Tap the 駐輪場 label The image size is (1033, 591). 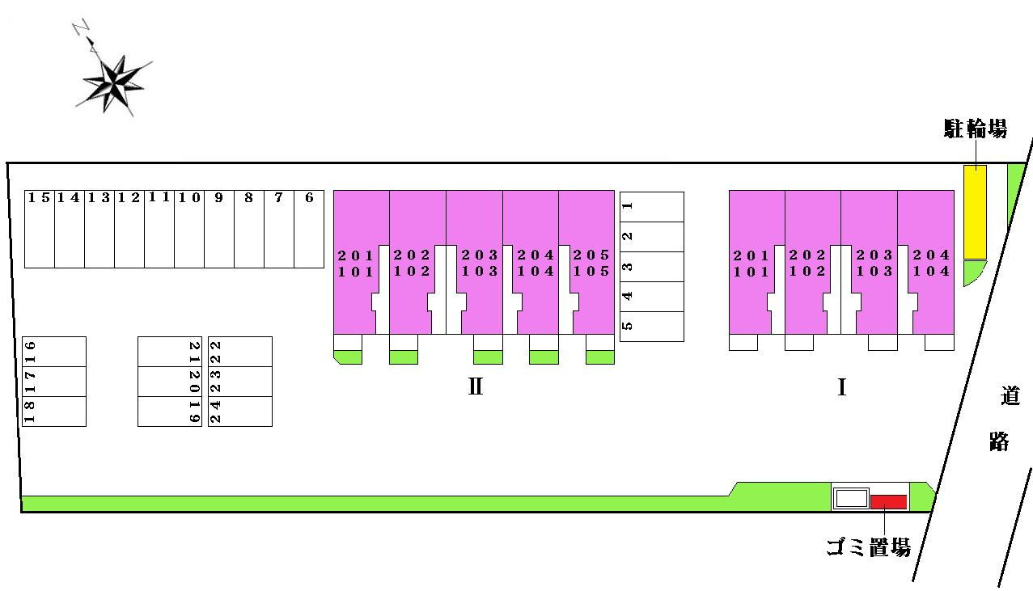click(976, 129)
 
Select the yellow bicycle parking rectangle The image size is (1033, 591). click(975, 212)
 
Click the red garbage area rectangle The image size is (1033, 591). click(889, 502)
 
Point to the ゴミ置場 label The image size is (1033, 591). click(868, 547)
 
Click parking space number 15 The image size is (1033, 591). click(40, 229)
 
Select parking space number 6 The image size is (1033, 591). click(309, 229)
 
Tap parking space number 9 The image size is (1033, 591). click(219, 229)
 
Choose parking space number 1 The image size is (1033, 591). click(652, 207)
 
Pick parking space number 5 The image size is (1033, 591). click(652, 327)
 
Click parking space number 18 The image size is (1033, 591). click(54, 412)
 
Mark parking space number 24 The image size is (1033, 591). click(239, 412)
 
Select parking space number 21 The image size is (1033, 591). click(170, 352)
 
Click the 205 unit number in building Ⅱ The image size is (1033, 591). click(591, 255)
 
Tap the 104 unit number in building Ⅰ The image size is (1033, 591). click(931, 271)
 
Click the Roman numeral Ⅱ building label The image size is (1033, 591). click(476, 386)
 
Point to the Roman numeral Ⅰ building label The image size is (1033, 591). click(841, 387)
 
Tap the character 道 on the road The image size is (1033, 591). click(1010, 395)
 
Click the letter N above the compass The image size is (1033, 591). click(81, 27)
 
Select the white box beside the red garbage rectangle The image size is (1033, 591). click(851, 499)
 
